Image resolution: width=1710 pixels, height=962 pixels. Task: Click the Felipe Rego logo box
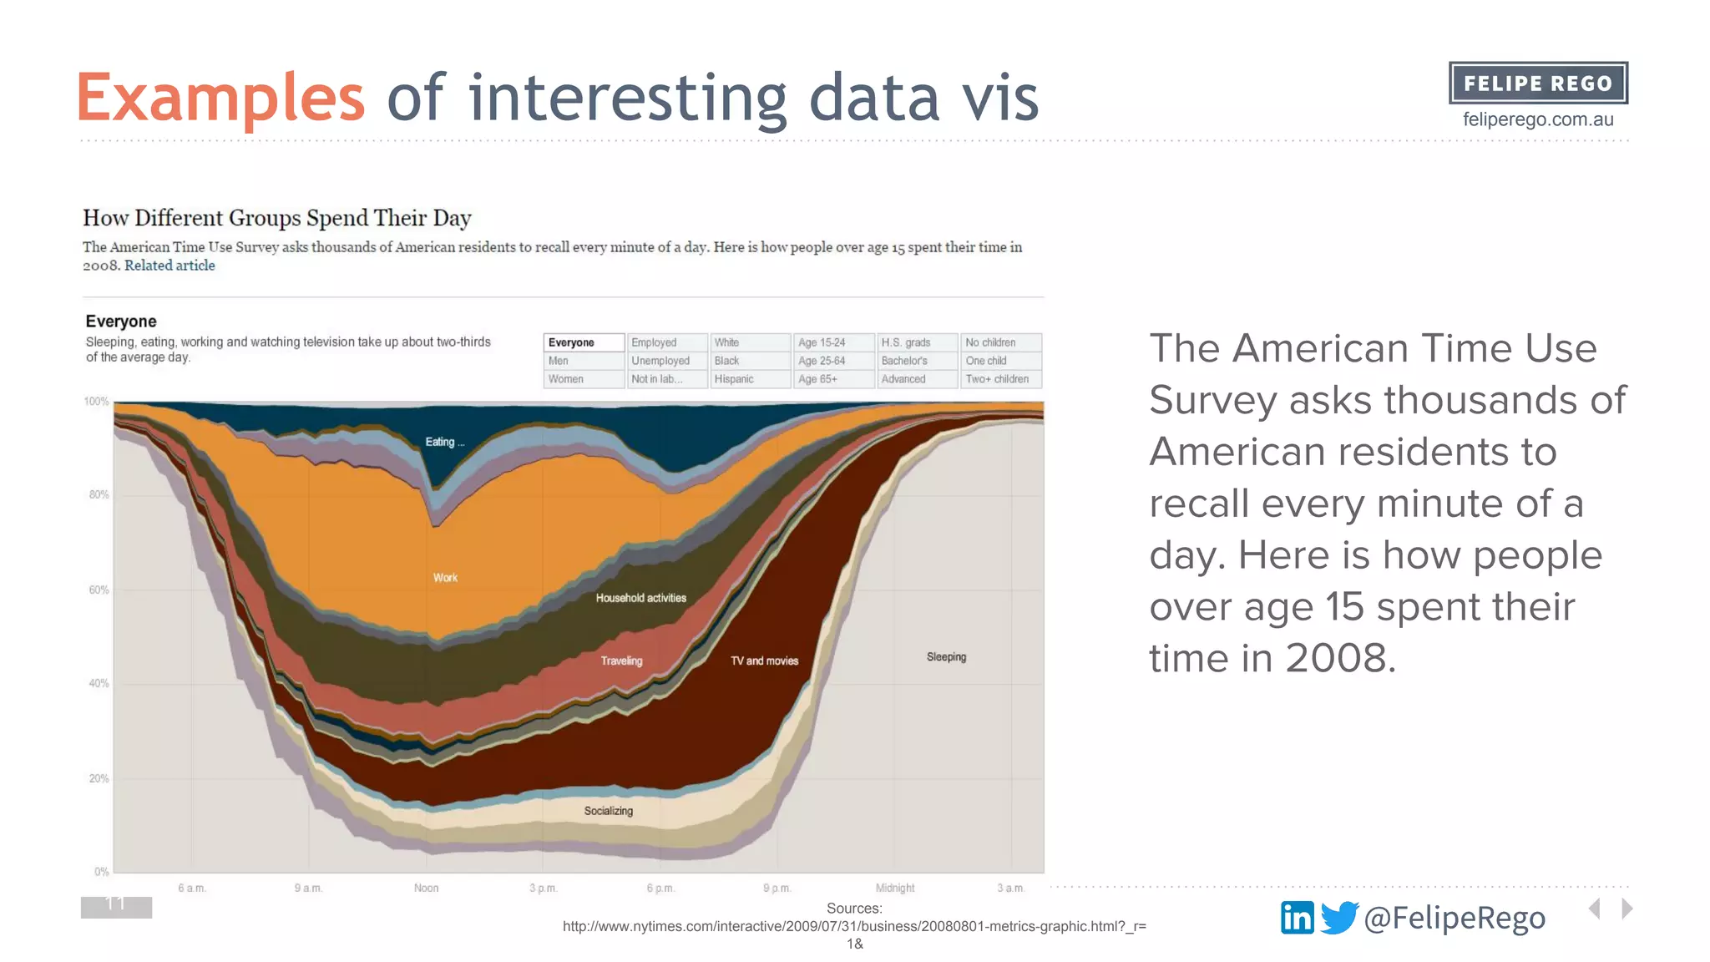(1538, 83)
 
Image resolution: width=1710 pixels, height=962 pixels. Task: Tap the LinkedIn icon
(1297, 918)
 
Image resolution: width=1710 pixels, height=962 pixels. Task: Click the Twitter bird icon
(1338, 917)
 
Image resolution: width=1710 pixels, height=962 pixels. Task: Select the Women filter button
(583, 379)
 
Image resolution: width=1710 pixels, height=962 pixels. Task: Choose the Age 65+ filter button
(832, 379)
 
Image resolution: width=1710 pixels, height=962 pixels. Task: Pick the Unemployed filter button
(666, 361)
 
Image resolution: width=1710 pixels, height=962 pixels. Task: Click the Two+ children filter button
(999, 379)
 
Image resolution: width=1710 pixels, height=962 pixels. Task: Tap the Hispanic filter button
(749, 379)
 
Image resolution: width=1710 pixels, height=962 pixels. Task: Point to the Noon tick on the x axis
(426, 888)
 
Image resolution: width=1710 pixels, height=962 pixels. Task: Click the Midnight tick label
(894, 888)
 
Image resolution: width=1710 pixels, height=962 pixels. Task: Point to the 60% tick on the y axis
(99, 590)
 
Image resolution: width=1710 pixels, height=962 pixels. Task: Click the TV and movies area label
(764, 661)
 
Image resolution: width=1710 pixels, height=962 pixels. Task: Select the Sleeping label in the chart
(946, 657)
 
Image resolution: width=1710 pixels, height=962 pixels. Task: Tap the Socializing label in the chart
(608, 811)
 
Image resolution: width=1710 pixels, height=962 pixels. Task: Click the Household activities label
(640, 598)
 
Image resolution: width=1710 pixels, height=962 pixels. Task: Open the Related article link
(169, 266)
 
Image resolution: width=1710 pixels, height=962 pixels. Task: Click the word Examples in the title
(220, 98)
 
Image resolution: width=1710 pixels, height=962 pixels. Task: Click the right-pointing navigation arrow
(1627, 909)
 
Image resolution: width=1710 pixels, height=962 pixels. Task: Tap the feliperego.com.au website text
(1538, 119)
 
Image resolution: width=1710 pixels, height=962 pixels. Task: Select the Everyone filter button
(583, 342)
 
